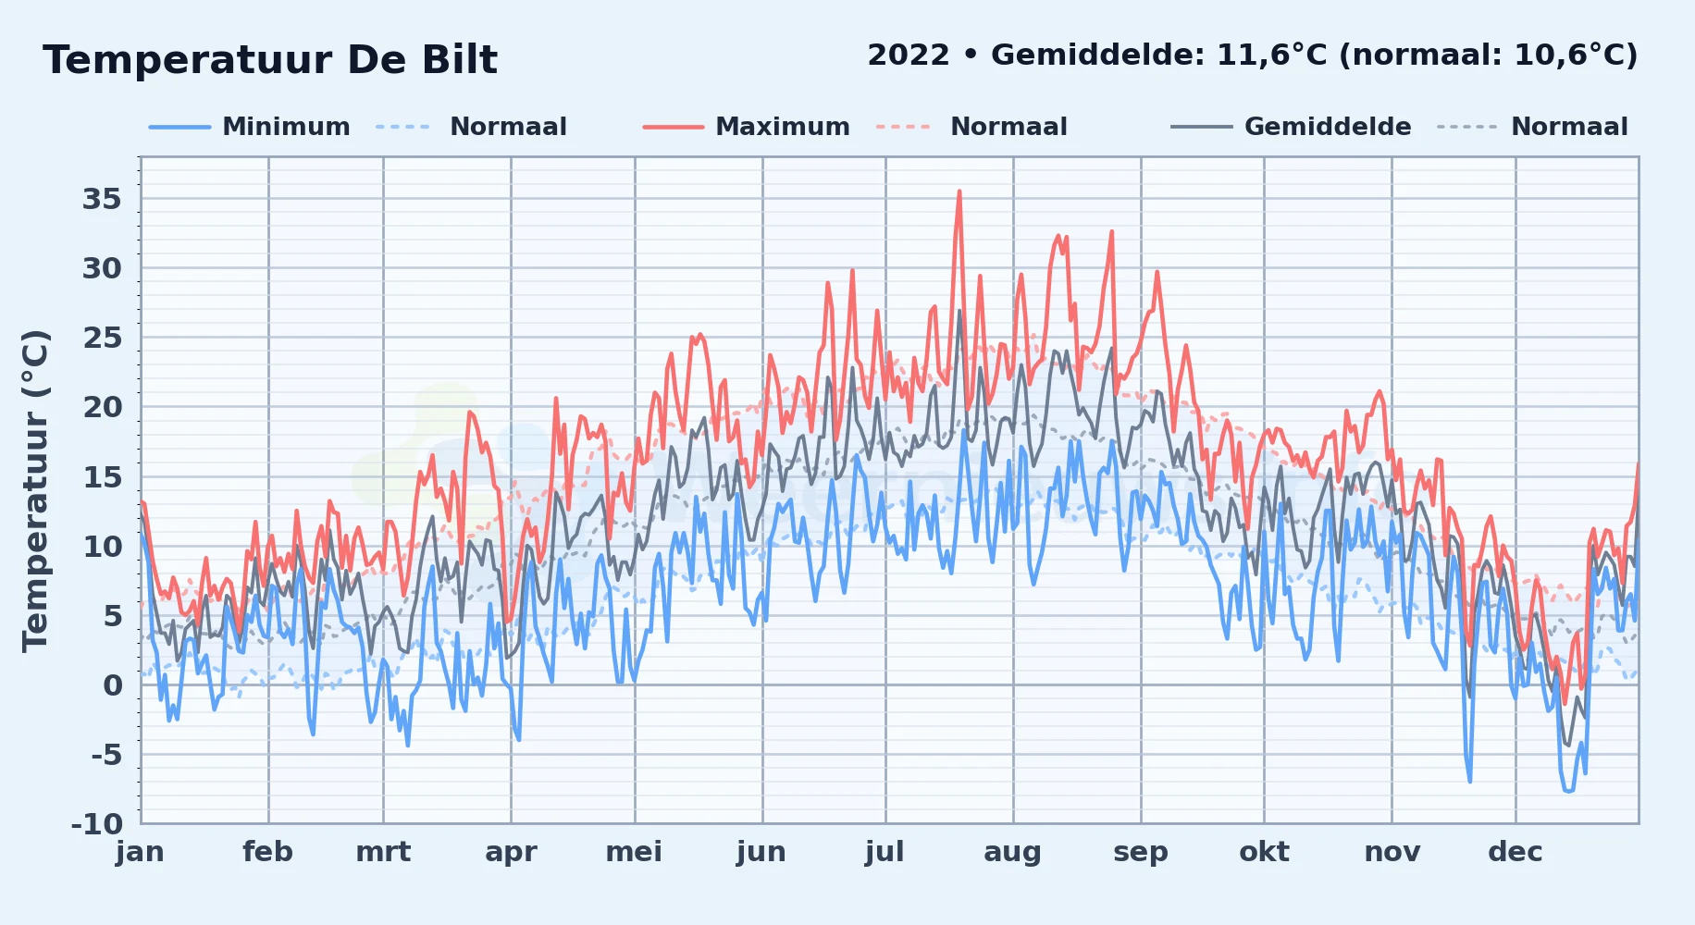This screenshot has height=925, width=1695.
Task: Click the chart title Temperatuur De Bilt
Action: pos(270,60)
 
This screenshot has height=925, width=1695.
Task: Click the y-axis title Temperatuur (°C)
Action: pos(35,490)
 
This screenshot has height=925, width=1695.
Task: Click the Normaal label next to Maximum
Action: pos(1008,127)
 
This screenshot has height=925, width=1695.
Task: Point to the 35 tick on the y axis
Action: pos(102,199)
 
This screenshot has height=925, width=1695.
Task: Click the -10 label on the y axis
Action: pos(97,823)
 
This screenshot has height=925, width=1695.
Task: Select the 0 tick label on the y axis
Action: pos(113,684)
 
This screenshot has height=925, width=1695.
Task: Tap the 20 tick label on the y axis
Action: pos(102,407)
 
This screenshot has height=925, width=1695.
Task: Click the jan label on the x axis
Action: pos(141,852)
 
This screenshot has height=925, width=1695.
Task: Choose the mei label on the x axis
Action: pos(634,852)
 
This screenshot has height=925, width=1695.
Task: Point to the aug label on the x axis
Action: pos(1012,852)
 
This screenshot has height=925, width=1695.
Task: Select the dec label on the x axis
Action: pos(1516,852)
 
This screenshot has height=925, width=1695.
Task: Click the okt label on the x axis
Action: pos(1264,852)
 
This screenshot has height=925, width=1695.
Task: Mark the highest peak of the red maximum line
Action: pos(959,191)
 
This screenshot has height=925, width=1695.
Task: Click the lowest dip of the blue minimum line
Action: pos(1568,791)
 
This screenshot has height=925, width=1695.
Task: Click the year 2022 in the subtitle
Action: pos(909,55)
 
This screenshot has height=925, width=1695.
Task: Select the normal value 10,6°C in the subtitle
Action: pos(1569,55)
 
